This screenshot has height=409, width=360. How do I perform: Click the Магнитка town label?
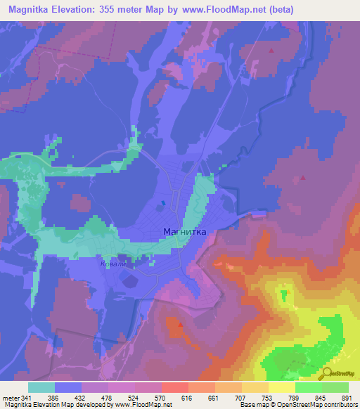click(x=184, y=231)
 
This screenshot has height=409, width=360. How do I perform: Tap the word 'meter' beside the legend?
click(x=11, y=399)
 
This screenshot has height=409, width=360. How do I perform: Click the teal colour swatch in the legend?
click(x=41, y=388)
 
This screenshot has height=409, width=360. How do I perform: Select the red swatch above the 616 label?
click(x=174, y=388)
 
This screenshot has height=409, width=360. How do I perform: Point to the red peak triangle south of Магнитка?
click(x=181, y=325)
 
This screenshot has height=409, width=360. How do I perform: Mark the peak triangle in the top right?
click(x=272, y=51)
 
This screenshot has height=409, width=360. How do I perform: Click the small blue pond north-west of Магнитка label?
click(x=163, y=204)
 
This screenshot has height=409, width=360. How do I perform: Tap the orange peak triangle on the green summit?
click(x=283, y=294)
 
